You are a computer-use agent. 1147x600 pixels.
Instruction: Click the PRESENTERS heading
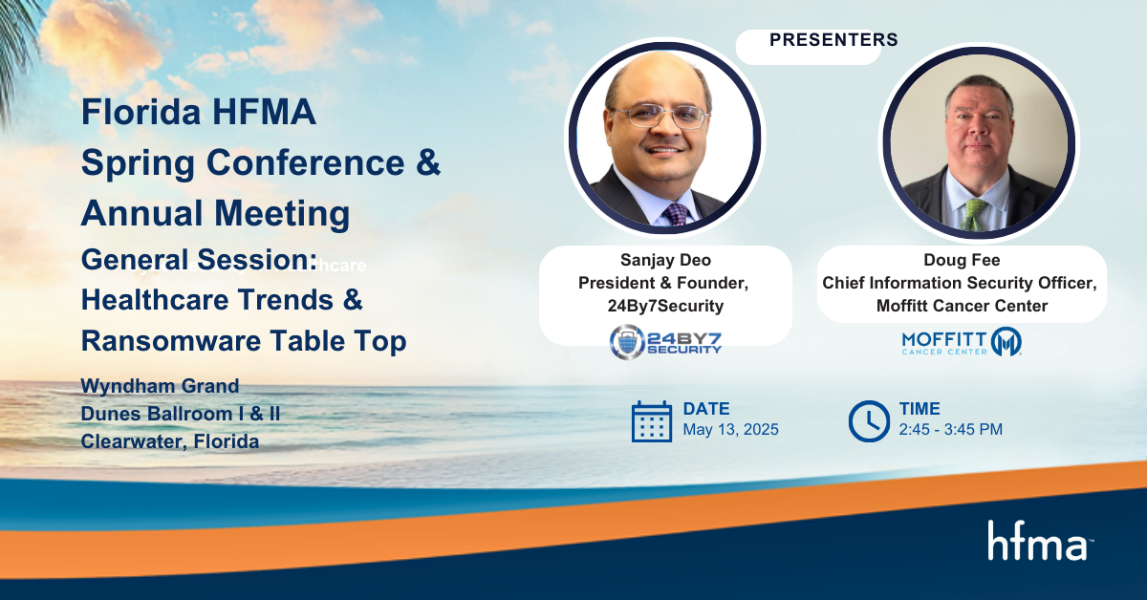[x=833, y=40]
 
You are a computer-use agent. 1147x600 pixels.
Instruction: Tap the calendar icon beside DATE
[x=651, y=421]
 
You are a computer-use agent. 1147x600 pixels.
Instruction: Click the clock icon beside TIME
[x=869, y=421]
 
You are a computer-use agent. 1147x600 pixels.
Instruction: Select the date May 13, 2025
[x=730, y=430]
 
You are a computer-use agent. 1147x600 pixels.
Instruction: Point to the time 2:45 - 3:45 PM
[x=950, y=430]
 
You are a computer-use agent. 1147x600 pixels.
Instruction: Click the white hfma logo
[x=1040, y=541]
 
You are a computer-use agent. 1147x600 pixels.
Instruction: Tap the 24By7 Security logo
[x=665, y=342]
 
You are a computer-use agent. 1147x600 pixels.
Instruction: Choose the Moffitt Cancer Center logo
[x=962, y=342]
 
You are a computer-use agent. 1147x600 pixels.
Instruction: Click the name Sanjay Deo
[x=665, y=260]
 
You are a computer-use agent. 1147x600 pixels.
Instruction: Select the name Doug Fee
[x=962, y=260]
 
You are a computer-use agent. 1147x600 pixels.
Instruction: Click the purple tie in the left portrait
[x=676, y=214]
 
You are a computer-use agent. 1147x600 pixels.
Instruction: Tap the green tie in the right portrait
[x=973, y=215]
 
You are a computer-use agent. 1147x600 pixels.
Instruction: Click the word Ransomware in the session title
[x=171, y=341]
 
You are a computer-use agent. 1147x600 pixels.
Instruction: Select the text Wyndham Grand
[x=160, y=386]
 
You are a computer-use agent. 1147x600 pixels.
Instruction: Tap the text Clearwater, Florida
[x=170, y=441]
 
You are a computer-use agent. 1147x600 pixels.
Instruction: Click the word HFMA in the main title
[x=264, y=112]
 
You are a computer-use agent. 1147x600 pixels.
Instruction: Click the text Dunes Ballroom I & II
[x=181, y=414]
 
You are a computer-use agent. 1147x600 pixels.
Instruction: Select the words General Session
[x=199, y=260]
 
